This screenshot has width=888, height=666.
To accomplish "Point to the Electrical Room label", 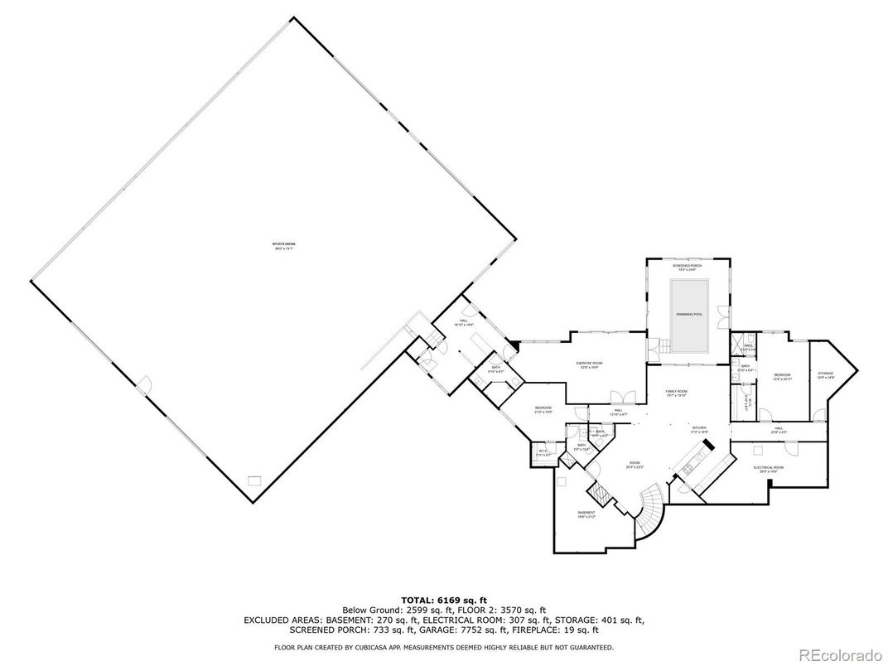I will (x=768, y=468).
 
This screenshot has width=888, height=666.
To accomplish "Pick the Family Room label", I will (x=677, y=393).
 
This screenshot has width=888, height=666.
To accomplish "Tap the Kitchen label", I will (x=699, y=430).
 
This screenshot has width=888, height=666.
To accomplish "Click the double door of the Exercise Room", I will (x=622, y=396).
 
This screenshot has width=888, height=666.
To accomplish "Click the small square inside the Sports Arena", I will (x=254, y=480).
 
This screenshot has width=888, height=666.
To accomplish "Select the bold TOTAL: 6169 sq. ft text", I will (x=444, y=599).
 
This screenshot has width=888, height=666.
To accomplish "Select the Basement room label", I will (x=586, y=514).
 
